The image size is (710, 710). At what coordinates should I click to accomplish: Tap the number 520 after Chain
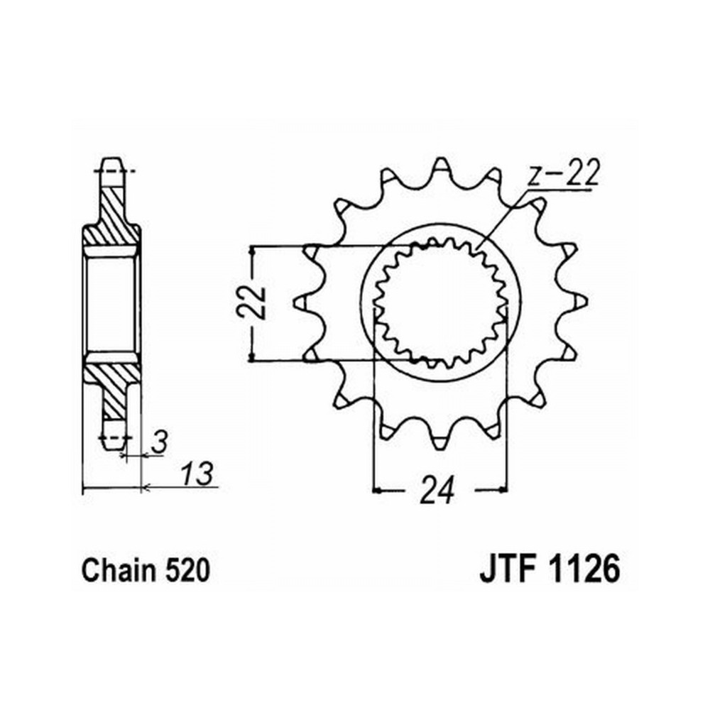pyautogui.click(x=187, y=570)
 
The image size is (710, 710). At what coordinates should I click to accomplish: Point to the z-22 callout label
pyautogui.click(x=564, y=173)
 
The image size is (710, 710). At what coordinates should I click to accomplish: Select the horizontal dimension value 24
pyautogui.click(x=437, y=490)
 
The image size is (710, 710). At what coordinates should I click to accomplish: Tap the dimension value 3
pyautogui.click(x=159, y=442)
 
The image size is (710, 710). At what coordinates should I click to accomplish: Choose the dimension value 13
pyautogui.click(x=197, y=474)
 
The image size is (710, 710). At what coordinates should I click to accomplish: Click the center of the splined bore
pyautogui.click(x=441, y=302)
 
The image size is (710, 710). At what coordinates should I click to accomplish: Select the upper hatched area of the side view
pyautogui.click(x=111, y=217)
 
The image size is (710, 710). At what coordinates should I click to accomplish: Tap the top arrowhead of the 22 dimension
pyautogui.click(x=252, y=251)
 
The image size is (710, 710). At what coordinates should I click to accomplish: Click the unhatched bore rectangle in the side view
pyautogui.click(x=111, y=303)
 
